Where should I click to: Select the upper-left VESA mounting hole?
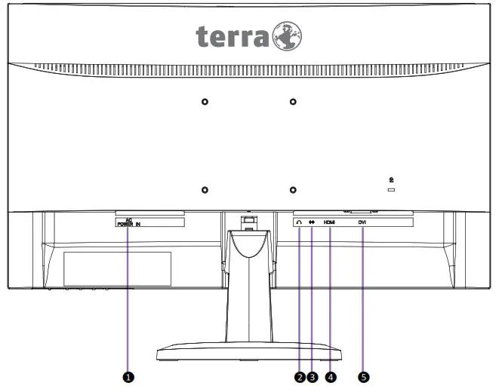pyautogui.click(x=205, y=101)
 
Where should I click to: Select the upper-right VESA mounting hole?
pyautogui.click(x=293, y=101)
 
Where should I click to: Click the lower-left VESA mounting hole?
pyautogui.click(x=205, y=190)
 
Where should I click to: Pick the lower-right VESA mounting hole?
pyautogui.click(x=293, y=190)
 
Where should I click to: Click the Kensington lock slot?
pyautogui.click(x=391, y=191)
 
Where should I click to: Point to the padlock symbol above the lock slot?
pyautogui.click(x=391, y=179)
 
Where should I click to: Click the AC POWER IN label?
pyautogui.click(x=128, y=222)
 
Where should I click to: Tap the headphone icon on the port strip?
pyautogui.click(x=300, y=223)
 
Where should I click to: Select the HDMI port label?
pyautogui.click(x=329, y=223)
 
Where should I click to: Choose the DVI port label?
pyautogui.click(x=362, y=223)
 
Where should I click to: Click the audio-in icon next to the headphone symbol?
pyautogui.click(x=311, y=223)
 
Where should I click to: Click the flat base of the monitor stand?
pyautogui.click(x=249, y=354)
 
